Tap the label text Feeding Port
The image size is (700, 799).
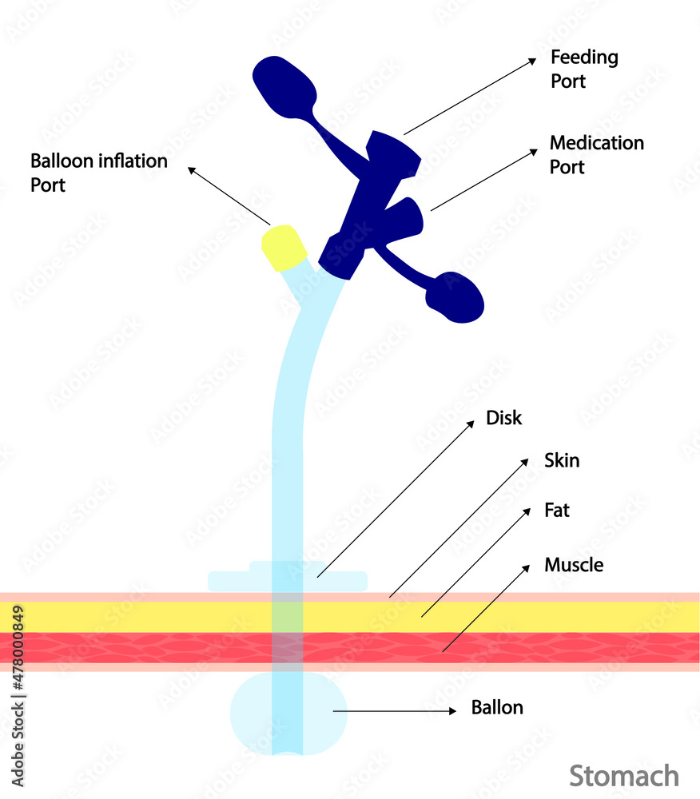pos(584,69)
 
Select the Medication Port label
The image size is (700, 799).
pos(596,154)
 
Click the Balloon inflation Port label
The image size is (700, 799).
pos(99,172)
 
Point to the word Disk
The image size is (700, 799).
pos(503,418)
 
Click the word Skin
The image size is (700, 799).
pos(562,460)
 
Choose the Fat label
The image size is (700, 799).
pos(557,510)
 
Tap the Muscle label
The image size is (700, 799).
pos(574,565)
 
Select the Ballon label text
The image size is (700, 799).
pos(497,707)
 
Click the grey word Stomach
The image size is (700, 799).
pos(624,775)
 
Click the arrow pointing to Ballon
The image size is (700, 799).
pos(395,710)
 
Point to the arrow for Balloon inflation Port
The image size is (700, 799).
pos(229,196)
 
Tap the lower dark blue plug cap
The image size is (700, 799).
pos(455,298)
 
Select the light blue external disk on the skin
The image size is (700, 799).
pos(232,581)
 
